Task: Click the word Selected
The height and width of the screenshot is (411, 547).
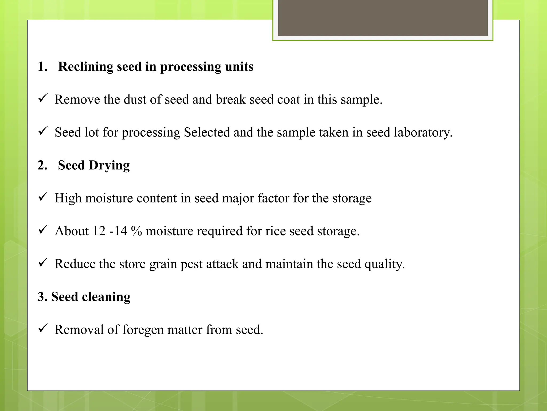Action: coord(207,132)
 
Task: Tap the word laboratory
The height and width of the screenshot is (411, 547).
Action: coord(423,132)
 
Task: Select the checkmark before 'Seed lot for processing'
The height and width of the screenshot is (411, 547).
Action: coord(43,131)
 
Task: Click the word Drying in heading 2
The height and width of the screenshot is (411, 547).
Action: coord(109,166)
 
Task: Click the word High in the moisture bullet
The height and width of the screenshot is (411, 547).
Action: coord(68,198)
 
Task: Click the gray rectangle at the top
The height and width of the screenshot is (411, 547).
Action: coord(383,18)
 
